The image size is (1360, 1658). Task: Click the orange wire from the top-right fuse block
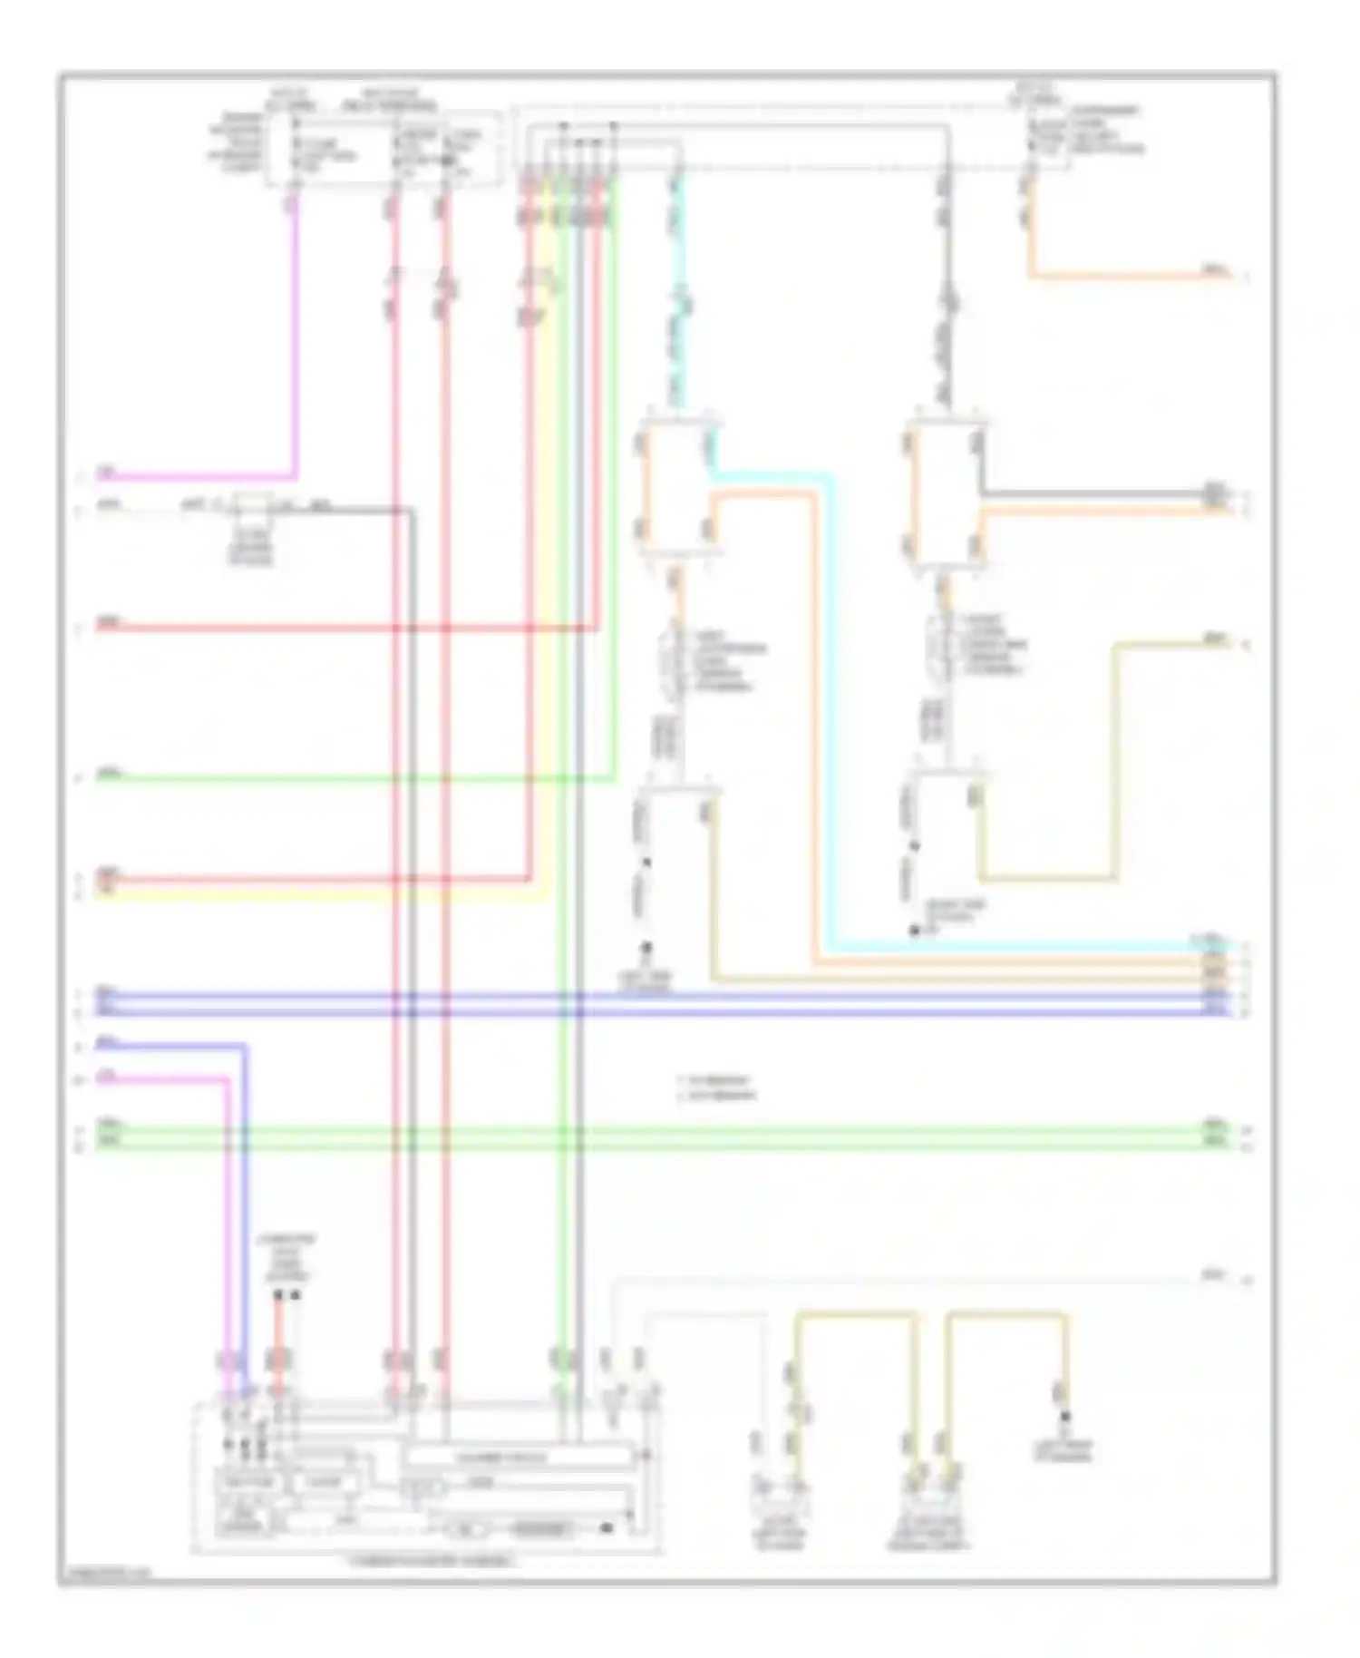[1133, 274]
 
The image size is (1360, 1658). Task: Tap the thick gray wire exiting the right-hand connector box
[1088, 494]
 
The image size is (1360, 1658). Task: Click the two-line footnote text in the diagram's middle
[716, 1088]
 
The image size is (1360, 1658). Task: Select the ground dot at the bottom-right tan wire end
[1064, 1416]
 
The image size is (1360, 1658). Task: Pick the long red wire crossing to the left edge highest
[345, 627]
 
